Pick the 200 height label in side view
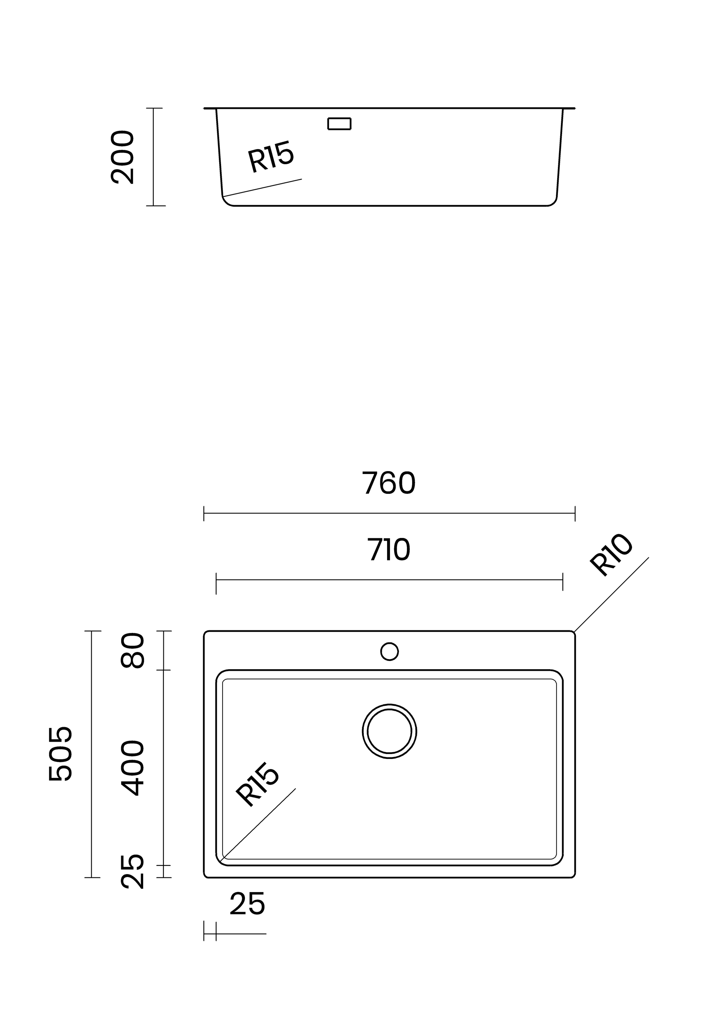click(x=122, y=157)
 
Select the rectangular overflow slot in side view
click(x=339, y=124)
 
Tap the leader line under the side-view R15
click(x=262, y=188)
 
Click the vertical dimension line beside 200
click(x=153, y=157)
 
